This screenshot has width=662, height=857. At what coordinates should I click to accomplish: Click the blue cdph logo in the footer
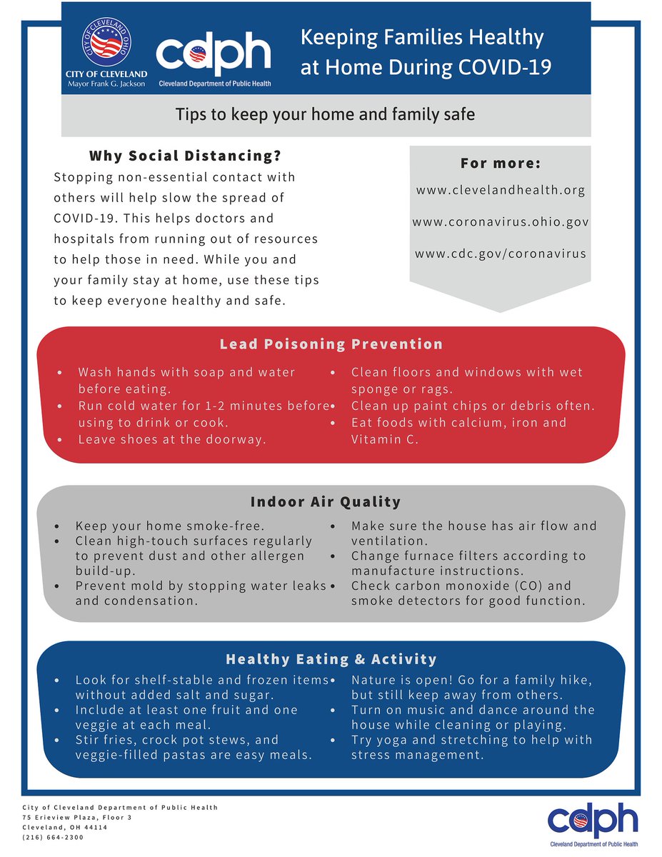(593, 820)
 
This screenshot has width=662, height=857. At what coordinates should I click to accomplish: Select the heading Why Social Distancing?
(185, 156)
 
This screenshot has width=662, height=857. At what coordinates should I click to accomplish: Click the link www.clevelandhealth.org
(500, 191)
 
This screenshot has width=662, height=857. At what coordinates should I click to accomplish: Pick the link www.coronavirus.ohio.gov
(500, 222)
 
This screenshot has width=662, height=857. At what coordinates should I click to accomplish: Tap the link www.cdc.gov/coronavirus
(500, 254)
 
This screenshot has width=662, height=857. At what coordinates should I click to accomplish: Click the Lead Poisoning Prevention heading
(331, 344)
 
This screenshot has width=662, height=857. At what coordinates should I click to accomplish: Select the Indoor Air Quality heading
(325, 502)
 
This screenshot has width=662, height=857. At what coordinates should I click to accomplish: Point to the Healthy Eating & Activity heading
(331, 659)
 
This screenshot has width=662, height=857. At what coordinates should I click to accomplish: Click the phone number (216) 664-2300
(53, 837)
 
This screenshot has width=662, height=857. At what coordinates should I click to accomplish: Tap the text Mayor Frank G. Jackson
(106, 84)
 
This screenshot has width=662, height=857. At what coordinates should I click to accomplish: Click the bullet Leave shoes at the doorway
(171, 439)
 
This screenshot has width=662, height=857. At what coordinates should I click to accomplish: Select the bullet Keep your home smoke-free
(169, 526)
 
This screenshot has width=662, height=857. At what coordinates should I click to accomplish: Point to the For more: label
(500, 164)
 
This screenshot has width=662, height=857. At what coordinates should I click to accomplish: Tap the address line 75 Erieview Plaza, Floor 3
(77, 817)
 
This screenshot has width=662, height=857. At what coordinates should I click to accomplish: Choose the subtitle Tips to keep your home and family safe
(325, 114)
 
